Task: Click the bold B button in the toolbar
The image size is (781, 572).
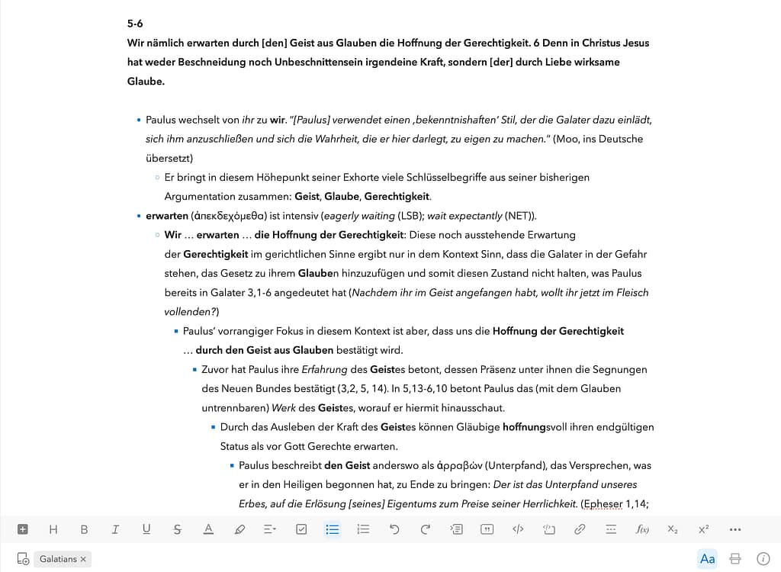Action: (84, 529)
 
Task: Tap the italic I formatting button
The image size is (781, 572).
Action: (115, 529)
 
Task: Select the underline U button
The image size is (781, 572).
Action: (146, 529)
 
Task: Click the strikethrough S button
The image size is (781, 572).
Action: (178, 529)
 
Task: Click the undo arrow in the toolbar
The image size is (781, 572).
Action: (394, 529)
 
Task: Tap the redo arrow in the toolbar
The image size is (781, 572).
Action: (426, 529)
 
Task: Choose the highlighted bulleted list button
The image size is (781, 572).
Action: (333, 529)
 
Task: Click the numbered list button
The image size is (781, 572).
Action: (363, 529)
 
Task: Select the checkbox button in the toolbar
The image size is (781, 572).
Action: (301, 529)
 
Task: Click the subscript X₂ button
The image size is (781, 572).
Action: (672, 529)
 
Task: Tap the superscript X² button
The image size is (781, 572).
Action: (703, 529)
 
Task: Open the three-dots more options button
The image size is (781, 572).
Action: (735, 529)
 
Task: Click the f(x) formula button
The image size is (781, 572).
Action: (642, 529)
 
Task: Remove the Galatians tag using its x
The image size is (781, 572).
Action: (83, 559)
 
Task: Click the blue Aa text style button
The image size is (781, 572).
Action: (708, 559)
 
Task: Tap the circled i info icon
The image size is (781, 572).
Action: (763, 559)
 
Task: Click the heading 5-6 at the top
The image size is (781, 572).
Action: (135, 24)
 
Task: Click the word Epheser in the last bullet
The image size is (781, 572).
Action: (603, 503)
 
